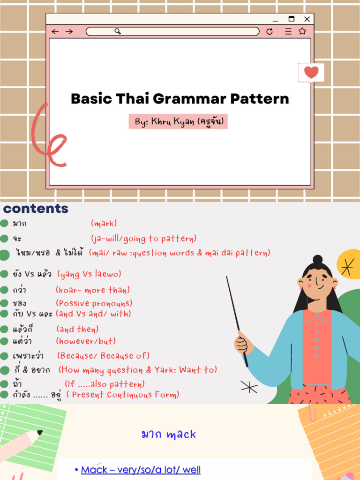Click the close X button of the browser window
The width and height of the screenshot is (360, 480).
tap(307, 19)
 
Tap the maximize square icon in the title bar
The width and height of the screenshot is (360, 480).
tap(291, 19)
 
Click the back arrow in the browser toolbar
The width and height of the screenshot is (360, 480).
tap(55, 31)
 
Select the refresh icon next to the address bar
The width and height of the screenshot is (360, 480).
tap(269, 31)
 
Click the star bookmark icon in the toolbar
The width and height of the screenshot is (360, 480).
tap(302, 31)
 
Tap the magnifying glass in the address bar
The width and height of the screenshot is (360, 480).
tap(118, 31)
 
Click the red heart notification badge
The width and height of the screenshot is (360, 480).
tap(311, 73)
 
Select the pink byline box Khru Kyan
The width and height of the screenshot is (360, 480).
tap(178, 122)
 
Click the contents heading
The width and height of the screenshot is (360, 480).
tap(36, 209)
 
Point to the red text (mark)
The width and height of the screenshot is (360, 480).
tap(104, 224)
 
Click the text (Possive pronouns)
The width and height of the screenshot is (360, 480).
tap(94, 303)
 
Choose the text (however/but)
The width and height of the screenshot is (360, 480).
tap(86, 341)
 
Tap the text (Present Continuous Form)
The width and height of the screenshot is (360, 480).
tap(122, 395)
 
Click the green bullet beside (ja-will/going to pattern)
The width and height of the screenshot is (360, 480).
tap(5, 239)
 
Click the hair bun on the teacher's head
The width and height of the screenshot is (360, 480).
tap(317, 260)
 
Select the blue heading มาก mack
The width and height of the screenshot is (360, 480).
tap(168, 435)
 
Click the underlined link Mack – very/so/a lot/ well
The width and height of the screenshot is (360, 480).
tap(141, 469)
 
